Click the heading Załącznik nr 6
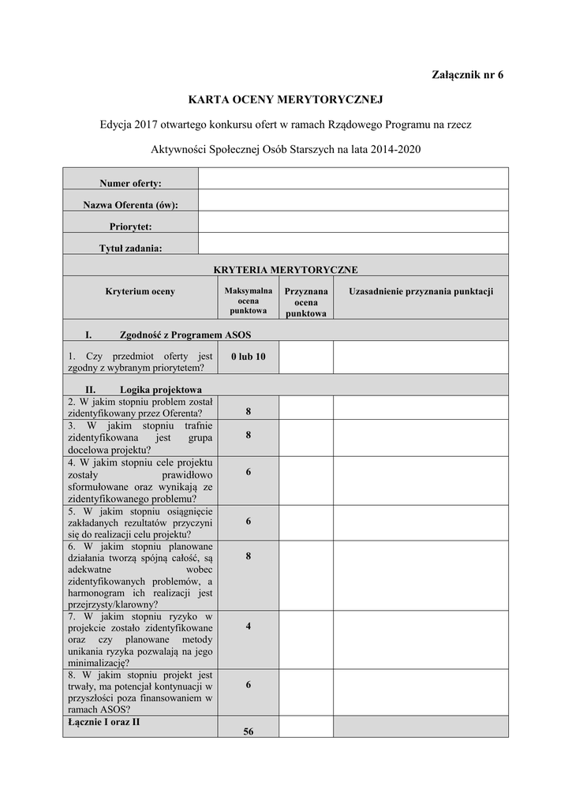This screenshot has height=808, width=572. pos(467,75)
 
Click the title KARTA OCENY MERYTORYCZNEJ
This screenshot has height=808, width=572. pos(285,100)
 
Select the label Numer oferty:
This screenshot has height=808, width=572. pos(130,183)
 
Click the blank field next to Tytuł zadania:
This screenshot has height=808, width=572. pos(353,243)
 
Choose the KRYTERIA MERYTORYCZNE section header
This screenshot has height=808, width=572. pos(286,269)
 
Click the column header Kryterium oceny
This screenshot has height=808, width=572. pos(140,291)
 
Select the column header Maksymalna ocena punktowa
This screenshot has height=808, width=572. pos(249,301)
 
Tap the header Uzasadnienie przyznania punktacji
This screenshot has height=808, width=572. pos(421,291)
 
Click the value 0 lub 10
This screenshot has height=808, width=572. pos(249,357)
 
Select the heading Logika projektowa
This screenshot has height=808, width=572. pos(161,389)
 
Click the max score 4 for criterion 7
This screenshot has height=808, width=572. pos(249,626)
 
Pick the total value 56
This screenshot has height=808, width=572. pos(249,731)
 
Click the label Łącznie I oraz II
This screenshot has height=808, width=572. pos(104,721)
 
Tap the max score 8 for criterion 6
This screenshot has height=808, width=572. pos(249,556)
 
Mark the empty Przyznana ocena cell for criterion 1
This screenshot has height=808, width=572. pos(306,357)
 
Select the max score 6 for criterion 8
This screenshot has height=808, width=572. pos(249,685)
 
